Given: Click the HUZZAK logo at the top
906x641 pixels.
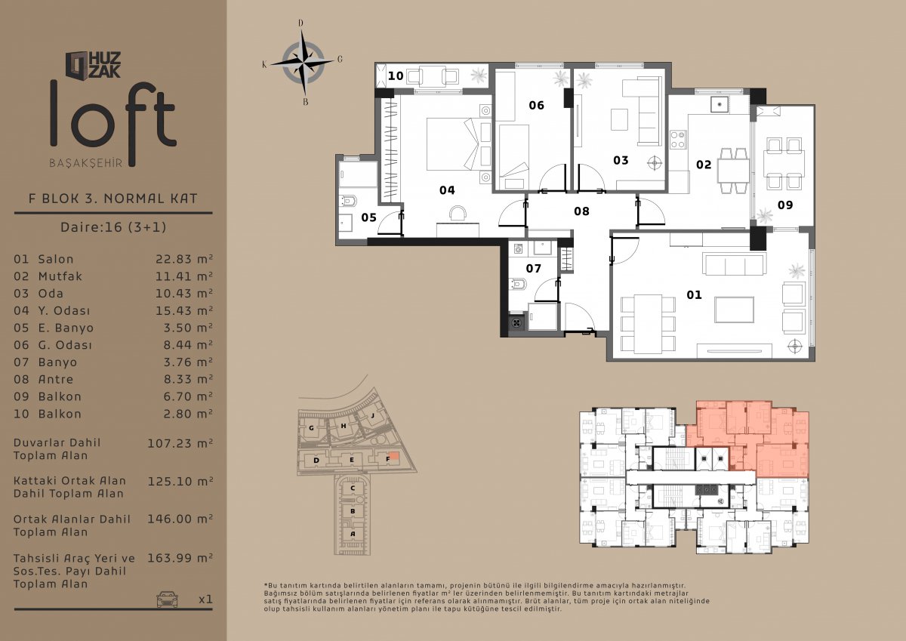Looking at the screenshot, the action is tap(93, 65).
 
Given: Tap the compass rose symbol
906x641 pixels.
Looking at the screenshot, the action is tap(303, 62).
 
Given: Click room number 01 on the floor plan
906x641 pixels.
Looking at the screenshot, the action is tap(694, 294).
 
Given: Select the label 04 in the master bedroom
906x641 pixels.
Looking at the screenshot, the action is tap(447, 190).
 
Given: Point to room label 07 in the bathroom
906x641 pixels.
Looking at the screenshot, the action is tap(534, 269).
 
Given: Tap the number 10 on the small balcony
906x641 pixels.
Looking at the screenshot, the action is tap(396, 76).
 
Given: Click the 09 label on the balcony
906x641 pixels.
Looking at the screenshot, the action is tap(785, 205).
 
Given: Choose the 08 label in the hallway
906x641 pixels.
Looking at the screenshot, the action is tap(581, 211).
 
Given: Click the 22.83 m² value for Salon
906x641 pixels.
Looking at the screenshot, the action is tap(184, 259).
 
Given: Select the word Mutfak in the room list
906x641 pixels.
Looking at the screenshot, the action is tap(60, 276).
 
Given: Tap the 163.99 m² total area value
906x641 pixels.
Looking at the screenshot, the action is tap(180, 558).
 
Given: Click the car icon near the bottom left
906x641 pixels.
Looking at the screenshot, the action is tap(167, 599).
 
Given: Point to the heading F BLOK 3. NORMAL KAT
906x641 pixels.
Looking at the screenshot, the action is tap(112, 199).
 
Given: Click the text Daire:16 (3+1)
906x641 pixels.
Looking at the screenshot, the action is tap(113, 227).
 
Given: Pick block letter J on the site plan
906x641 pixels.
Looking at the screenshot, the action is tap(372, 415).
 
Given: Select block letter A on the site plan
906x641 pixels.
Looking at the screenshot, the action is tap(353, 534).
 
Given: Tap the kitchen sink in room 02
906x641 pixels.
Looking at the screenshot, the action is tap(720, 105).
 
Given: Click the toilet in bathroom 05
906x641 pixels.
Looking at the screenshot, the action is tap(349, 201).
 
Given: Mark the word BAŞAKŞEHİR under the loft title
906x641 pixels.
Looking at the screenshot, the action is tap(86, 163).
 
